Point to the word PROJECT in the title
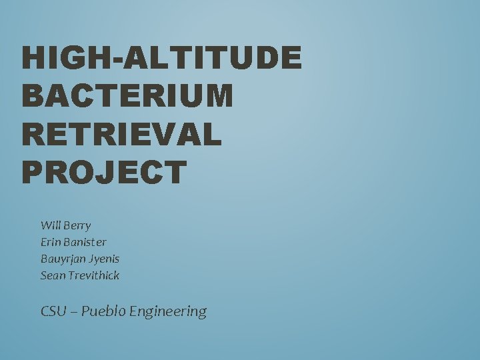click(x=104, y=172)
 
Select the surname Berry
click(x=78, y=226)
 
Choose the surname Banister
click(x=86, y=242)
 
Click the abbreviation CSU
click(x=54, y=311)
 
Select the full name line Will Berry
click(x=65, y=225)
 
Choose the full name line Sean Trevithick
click(x=80, y=275)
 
